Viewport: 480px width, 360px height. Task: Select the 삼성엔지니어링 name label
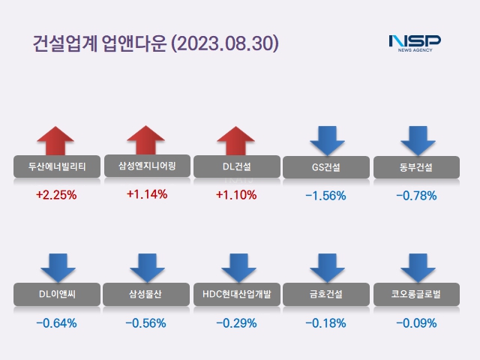click(146, 166)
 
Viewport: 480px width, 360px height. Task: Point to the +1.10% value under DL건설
click(236, 195)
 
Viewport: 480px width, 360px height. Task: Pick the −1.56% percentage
click(326, 196)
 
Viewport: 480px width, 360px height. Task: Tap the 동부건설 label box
click(416, 166)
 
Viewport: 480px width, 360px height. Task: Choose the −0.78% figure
click(416, 196)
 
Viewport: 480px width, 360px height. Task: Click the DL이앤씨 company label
click(56, 294)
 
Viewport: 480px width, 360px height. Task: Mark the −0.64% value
click(56, 324)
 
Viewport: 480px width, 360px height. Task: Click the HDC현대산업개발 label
click(236, 294)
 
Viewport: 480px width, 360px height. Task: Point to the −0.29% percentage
click(236, 324)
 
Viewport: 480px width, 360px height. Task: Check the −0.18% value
click(326, 324)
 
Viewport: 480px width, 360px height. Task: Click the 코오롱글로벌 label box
click(416, 294)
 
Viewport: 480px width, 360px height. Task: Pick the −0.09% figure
click(416, 324)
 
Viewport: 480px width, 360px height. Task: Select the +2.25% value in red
click(56, 195)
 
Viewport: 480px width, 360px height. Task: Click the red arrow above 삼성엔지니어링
click(146, 141)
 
